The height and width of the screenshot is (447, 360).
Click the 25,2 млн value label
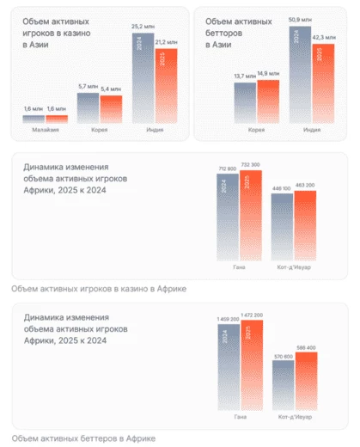click(x=143, y=26)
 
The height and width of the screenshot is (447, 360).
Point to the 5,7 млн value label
click(x=88, y=88)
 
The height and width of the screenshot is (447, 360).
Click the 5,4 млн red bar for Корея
click(x=111, y=108)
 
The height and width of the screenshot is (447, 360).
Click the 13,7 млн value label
click(x=244, y=77)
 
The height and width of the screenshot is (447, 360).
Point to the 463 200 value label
click(x=305, y=185)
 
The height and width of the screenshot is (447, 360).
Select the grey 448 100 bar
click(x=282, y=232)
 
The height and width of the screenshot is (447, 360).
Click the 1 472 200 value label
click(x=251, y=315)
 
